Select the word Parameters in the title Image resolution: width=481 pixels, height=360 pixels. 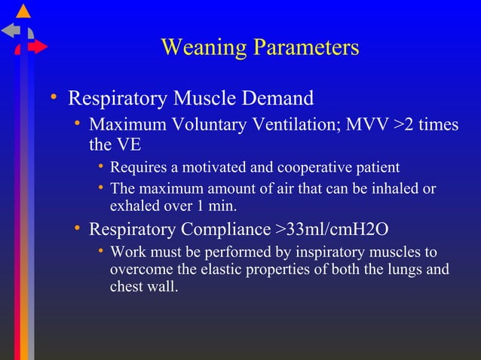coord(305,47)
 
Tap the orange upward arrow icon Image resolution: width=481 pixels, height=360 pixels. coord(24,11)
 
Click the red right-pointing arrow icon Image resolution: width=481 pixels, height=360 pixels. coord(38,47)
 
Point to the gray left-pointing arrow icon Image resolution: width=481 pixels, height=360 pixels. coord(11,30)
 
